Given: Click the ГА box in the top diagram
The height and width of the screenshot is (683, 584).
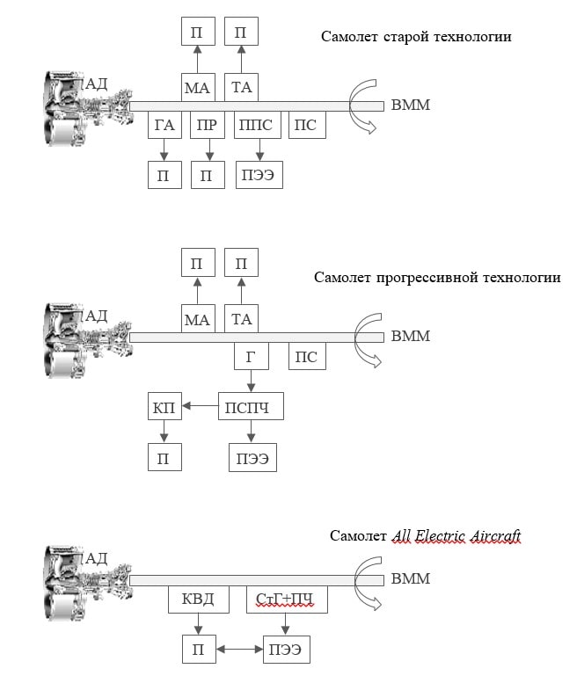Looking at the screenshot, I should point(164,125).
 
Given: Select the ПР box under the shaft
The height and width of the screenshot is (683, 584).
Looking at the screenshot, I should point(208,125).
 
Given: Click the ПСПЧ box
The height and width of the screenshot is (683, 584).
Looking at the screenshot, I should point(252,406).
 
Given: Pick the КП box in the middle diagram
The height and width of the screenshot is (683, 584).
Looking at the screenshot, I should point(164,406).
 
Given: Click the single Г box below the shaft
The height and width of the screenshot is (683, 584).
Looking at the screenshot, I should point(252,356).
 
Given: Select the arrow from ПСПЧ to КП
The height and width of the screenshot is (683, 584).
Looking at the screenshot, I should point(200,406).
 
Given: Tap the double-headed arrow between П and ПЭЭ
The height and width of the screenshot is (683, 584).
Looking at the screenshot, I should point(240,650).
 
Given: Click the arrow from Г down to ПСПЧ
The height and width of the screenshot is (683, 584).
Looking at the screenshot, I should point(252,381).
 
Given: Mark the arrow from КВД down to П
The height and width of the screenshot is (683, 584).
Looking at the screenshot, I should point(198,626).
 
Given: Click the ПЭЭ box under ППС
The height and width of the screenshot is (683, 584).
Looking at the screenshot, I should point(258,175).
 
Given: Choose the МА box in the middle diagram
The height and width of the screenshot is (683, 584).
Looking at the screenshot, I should point(198,319).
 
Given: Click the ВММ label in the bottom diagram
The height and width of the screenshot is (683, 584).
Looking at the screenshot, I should point(410,579).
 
